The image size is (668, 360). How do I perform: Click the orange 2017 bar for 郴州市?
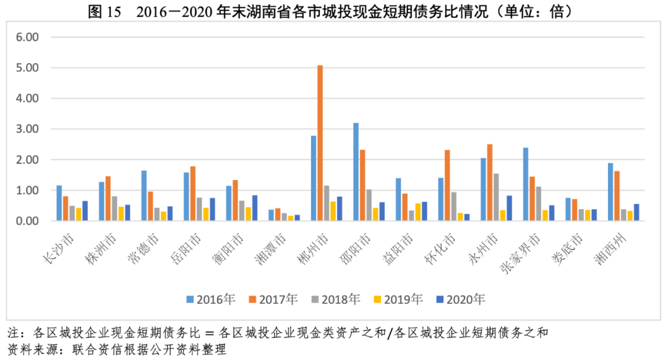[x=320, y=143]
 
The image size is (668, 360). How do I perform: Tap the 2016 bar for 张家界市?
[x=525, y=184]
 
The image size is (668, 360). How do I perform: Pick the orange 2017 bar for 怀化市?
[x=447, y=185]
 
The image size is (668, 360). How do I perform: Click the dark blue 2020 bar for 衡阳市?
[x=255, y=208]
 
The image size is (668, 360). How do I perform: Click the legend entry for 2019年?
[x=398, y=299]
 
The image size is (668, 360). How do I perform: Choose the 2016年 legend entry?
[x=210, y=299]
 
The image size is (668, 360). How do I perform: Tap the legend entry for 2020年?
[x=461, y=299]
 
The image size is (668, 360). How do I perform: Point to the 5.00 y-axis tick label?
[x=27, y=67]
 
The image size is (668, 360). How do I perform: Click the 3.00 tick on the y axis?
[x=27, y=129]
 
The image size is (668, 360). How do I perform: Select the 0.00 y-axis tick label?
[x=27, y=221]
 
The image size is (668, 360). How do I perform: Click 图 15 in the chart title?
[x=105, y=12]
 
